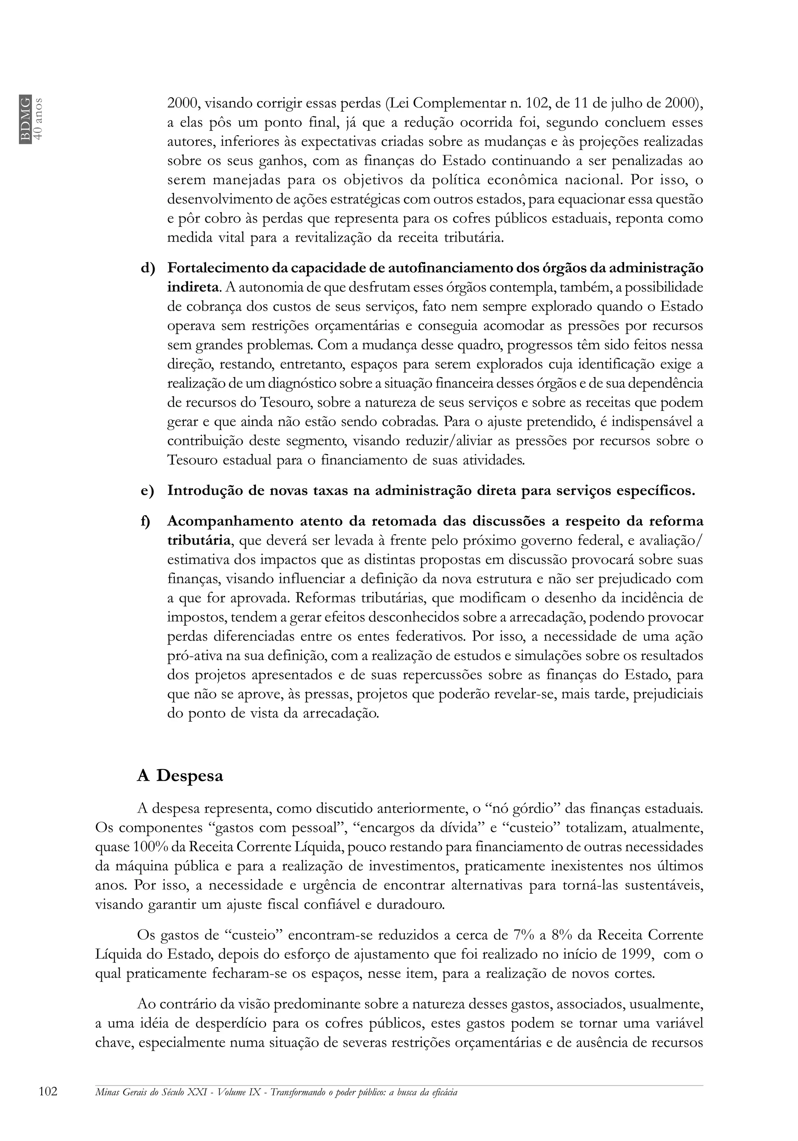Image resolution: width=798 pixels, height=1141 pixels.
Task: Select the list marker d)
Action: click(x=148, y=268)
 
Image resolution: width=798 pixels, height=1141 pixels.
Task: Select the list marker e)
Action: click(x=148, y=491)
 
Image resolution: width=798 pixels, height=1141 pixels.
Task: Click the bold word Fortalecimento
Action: click(x=217, y=268)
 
